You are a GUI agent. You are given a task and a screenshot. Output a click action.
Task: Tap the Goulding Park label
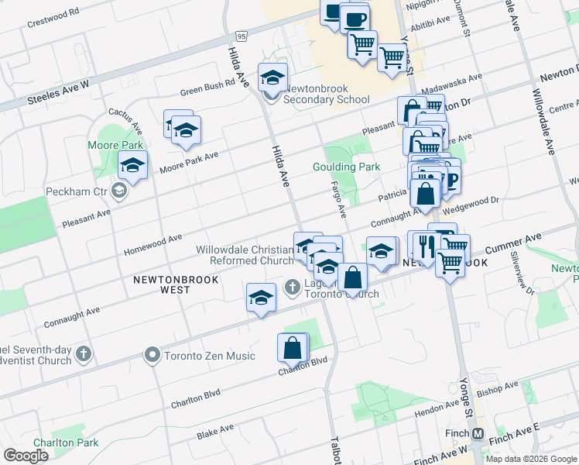pyautogui.click(x=346, y=167)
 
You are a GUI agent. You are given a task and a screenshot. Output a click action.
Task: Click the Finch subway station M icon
pyautogui.click(x=478, y=433)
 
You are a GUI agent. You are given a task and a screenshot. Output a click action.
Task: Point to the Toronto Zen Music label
pyautogui.click(x=208, y=356)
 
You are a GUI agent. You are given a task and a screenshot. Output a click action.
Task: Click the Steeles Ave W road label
pyautogui.click(x=59, y=91)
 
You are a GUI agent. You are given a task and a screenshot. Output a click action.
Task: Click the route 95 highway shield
pyautogui.click(x=242, y=36)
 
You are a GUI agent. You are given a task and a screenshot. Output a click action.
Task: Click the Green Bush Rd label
pyautogui.click(x=207, y=91)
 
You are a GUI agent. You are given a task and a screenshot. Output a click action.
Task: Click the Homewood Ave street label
pyautogui.click(x=152, y=244)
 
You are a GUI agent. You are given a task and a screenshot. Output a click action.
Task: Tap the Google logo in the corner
pyautogui.click(x=26, y=455)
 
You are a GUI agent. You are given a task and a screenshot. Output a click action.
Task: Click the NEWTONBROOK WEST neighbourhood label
pyautogui.click(x=175, y=284)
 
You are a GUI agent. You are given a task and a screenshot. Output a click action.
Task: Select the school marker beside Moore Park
pyautogui.click(x=133, y=165)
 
